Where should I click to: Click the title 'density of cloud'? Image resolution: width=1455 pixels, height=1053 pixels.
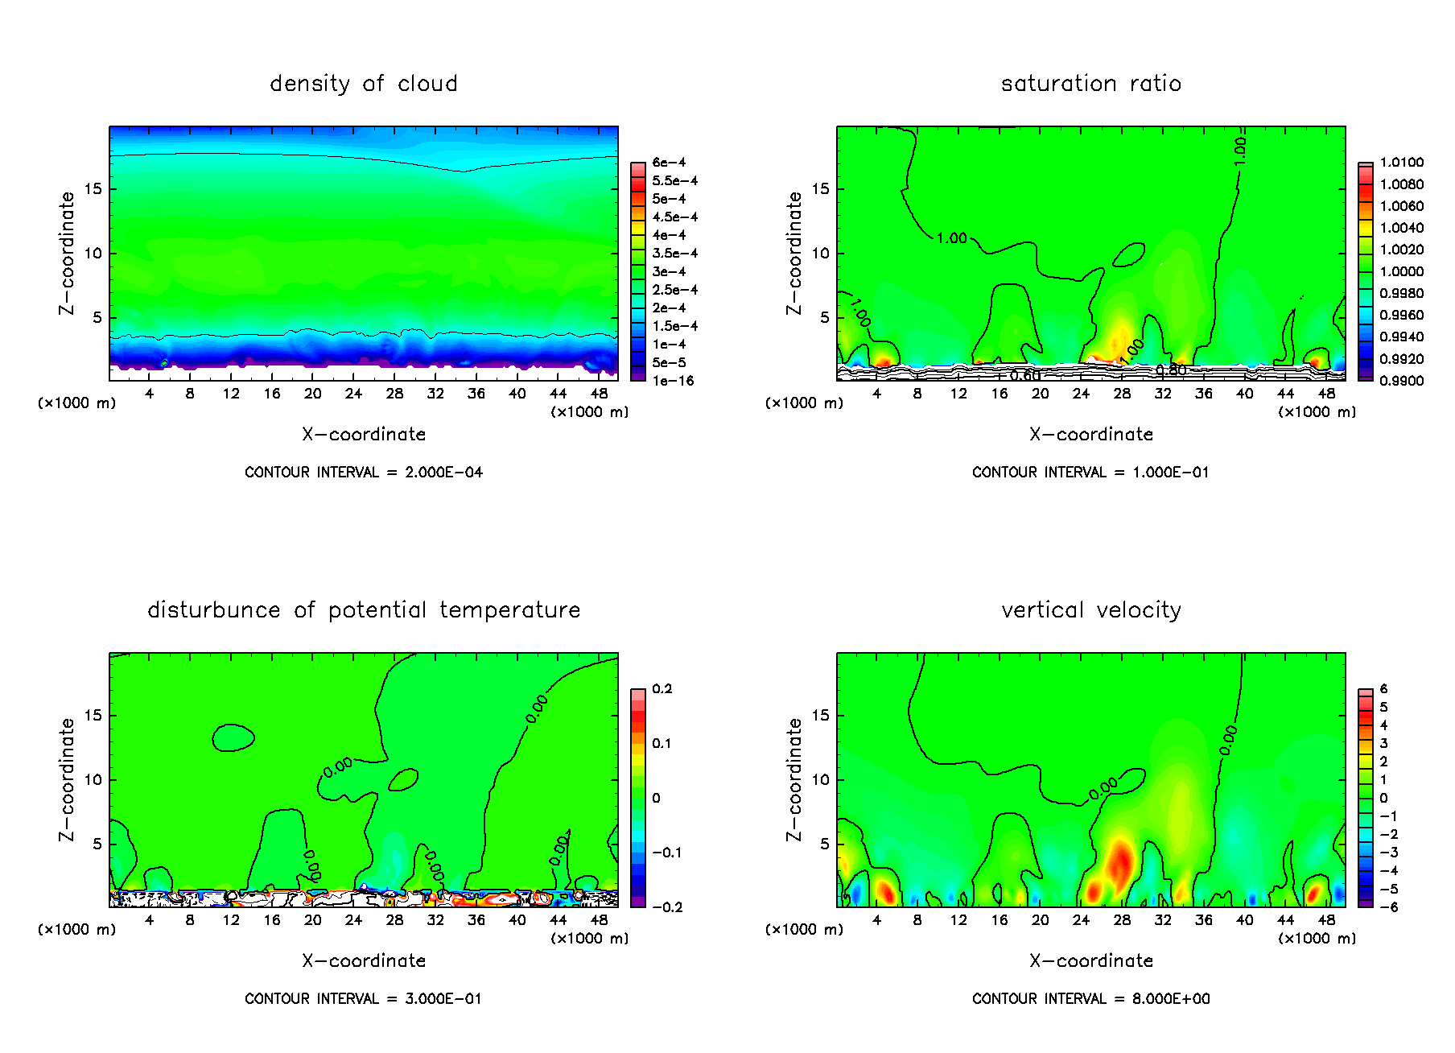point(363,84)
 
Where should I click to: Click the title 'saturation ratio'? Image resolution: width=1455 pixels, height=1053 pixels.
point(1090,84)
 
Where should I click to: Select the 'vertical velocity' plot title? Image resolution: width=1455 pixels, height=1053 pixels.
point(1090,610)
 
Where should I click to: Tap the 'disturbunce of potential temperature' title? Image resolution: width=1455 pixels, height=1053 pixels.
point(363,610)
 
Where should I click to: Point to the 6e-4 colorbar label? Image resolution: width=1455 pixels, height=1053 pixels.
point(669,163)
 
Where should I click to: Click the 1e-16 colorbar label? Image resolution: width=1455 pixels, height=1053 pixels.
point(673,381)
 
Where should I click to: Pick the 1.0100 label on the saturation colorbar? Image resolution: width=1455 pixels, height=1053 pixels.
point(1401,163)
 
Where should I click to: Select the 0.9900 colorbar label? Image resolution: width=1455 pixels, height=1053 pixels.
point(1401,381)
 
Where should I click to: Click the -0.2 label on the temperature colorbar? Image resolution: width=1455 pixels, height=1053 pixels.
point(667,907)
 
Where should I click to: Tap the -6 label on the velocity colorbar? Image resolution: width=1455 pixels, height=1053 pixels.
point(1388,907)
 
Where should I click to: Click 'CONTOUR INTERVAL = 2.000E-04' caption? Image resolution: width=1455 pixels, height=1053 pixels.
point(364,473)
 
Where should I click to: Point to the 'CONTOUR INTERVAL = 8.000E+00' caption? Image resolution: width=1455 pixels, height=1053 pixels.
point(1090,999)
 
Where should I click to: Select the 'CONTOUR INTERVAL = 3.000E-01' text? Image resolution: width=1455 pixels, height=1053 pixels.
point(363,999)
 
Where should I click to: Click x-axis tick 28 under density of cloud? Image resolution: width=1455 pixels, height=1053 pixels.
point(394,394)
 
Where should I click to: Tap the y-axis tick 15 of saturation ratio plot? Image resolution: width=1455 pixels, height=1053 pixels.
point(820,189)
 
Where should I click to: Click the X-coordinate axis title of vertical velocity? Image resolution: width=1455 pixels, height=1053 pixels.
point(1090,960)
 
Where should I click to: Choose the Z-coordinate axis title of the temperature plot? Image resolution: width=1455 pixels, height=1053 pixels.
point(67,779)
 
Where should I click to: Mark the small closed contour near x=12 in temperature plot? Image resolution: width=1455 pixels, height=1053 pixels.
point(233,737)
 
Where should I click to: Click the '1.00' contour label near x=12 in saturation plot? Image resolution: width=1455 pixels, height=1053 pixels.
point(952,238)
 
